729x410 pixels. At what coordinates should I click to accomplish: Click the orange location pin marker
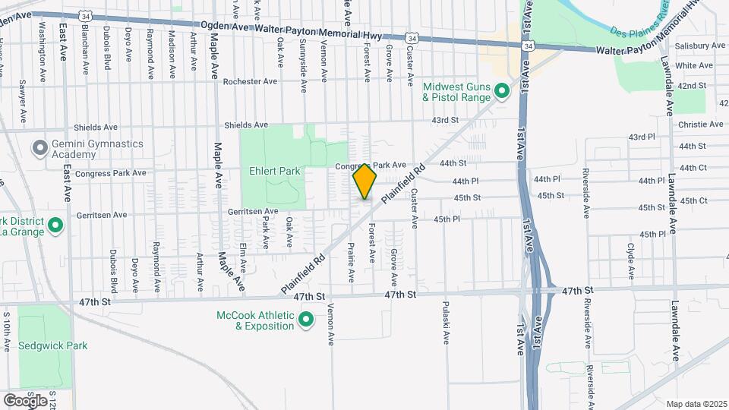(364, 183)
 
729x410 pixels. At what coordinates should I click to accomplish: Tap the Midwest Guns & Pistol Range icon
(501, 92)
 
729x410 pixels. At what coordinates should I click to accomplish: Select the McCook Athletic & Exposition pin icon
(306, 320)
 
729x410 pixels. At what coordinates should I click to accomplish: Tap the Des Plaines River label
(639, 24)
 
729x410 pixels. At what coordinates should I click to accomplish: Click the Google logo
(24, 400)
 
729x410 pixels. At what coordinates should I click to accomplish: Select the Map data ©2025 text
(696, 404)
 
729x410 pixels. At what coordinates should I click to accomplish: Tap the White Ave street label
(694, 66)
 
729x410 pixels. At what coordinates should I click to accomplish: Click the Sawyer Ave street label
(23, 96)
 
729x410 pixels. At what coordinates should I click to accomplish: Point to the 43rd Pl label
(641, 137)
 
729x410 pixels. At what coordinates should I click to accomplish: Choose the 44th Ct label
(693, 168)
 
